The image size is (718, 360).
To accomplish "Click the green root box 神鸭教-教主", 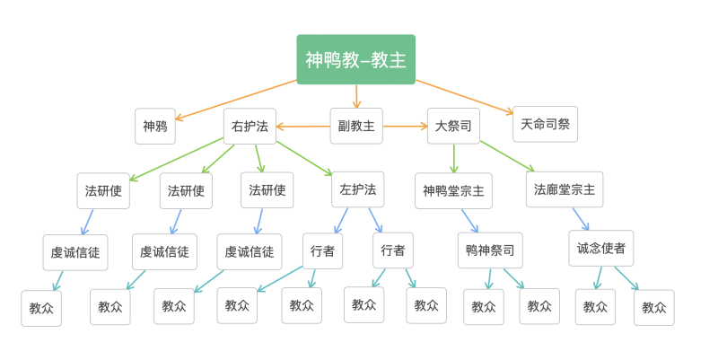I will point(355,59).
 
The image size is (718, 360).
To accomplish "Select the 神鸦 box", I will point(155,127).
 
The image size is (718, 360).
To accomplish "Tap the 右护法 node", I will point(250,127).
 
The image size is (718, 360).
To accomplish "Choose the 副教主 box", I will point(355,127).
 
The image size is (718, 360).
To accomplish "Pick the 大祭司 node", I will point(452,127).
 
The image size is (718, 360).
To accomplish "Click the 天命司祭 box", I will point(545,124).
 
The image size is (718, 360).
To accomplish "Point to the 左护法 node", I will point(357,190).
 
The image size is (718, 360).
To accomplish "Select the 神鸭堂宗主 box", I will point(453,191).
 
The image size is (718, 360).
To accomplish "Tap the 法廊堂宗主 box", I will point(564,189).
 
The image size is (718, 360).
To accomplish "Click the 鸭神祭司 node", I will point(490,250).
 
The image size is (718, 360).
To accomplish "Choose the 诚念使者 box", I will point(600,249).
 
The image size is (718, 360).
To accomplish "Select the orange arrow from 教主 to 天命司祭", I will point(465,97).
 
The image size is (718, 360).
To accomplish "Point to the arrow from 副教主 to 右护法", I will point(302,127).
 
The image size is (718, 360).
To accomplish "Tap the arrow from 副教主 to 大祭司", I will point(406,127).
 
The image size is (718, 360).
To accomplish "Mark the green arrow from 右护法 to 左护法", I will point(304,157).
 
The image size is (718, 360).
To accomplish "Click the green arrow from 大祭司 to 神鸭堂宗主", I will point(454,158).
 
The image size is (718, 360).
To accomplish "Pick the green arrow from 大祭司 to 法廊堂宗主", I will point(507,156).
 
